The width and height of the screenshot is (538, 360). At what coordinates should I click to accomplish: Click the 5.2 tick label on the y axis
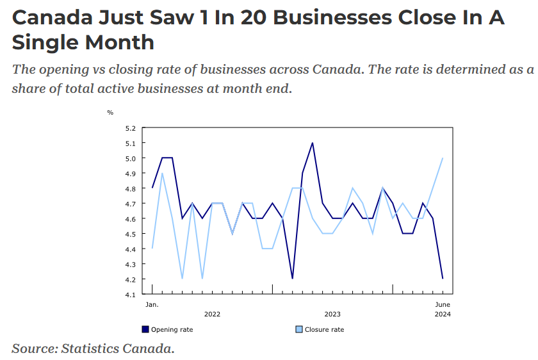point(131,128)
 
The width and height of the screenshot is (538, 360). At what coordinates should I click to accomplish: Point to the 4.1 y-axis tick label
point(131,295)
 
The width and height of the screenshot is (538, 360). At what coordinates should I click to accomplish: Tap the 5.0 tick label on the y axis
point(131,158)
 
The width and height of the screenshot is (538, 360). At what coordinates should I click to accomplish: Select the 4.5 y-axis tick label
point(131,234)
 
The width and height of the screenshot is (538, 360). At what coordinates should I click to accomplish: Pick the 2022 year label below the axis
point(212,315)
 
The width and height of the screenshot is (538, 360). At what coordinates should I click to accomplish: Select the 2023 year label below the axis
point(332,315)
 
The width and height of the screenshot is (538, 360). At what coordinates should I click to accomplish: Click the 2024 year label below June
point(443,315)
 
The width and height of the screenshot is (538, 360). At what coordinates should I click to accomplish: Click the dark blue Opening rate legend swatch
point(145,329)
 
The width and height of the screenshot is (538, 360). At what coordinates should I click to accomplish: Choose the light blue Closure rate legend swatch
point(298,329)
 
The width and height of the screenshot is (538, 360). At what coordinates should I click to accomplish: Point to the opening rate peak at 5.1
point(312,143)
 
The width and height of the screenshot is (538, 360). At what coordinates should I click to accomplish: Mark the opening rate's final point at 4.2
point(443,279)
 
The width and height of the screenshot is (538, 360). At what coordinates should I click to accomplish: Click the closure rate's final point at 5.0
point(443,158)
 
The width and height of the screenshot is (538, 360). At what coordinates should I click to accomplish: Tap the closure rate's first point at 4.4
point(152,249)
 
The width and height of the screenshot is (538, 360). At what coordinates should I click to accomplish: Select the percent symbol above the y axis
point(110,113)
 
